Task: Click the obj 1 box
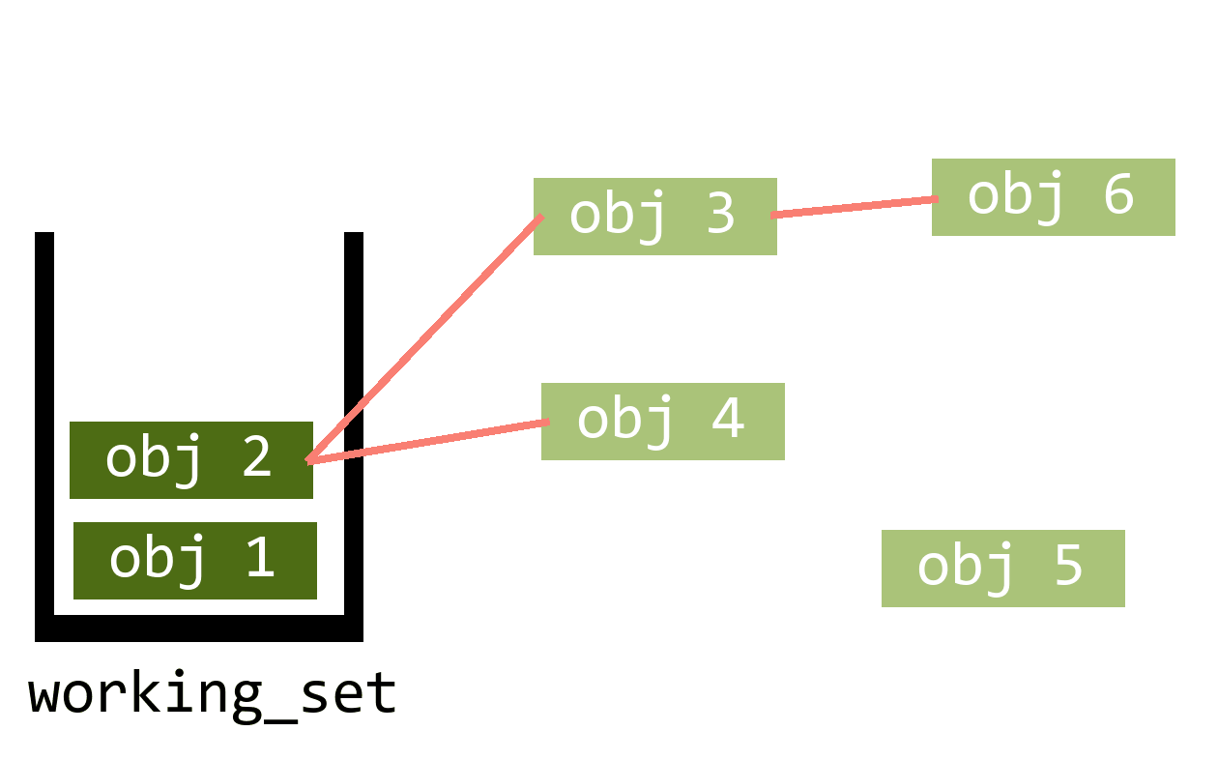(x=194, y=561)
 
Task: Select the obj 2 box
(x=190, y=460)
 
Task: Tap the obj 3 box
(x=654, y=217)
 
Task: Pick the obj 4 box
(x=662, y=422)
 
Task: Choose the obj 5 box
(x=1002, y=569)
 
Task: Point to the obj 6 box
(x=1053, y=197)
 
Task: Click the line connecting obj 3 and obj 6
(x=855, y=207)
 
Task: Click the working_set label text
(x=213, y=694)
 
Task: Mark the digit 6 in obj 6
(x=1116, y=194)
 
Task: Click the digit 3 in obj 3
(x=720, y=214)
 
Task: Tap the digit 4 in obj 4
(x=727, y=419)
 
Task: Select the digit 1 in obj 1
(x=259, y=558)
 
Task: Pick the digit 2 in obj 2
(x=256, y=457)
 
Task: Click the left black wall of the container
(x=44, y=425)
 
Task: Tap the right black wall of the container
(x=354, y=425)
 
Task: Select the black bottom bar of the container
(x=199, y=628)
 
